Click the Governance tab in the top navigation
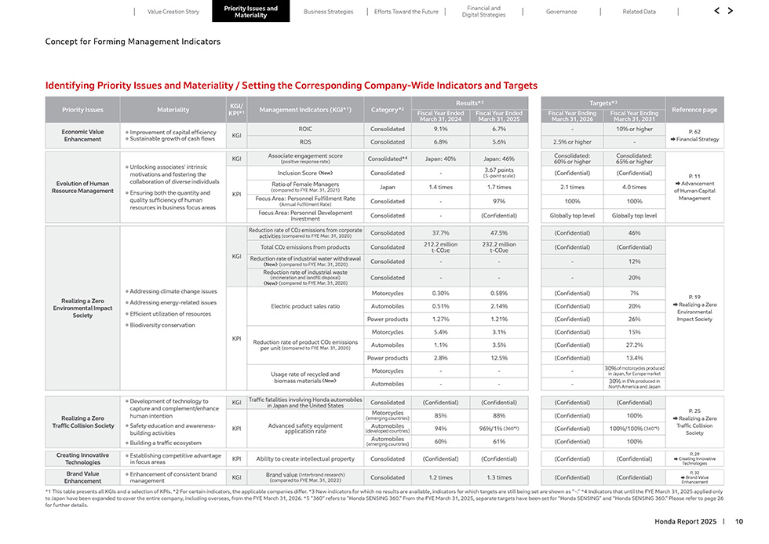pos(562,12)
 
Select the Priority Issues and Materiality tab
pos(250,12)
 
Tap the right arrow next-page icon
pos(731,11)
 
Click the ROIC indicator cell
pos(306,129)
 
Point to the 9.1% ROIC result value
pos(440,129)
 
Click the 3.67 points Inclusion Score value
pos(499,173)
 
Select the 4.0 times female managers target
pos(635,188)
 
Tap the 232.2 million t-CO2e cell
pos(499,247)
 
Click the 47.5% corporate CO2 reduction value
pos(499,233)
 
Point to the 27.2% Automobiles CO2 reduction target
pos(635,345)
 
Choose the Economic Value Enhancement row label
pos(82,135)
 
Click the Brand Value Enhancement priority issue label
pos(82,477)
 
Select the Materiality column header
pos(173,110)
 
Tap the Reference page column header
pos(694,110)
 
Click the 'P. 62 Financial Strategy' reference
pos(694,135)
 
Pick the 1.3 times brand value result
pos(499,477)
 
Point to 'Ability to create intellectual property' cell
pos(305,458)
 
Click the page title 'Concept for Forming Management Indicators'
pos(133,42)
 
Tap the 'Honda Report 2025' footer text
pos(685,521)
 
